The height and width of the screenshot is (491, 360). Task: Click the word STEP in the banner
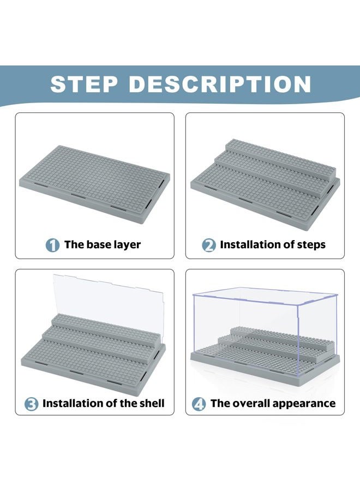click(84, 84)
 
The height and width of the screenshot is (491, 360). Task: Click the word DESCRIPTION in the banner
click(220, 84)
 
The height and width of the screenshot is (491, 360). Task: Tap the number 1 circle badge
click(52, 245)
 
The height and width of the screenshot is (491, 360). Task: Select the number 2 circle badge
click(208, 245)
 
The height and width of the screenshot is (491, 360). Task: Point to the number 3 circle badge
click(31, 404)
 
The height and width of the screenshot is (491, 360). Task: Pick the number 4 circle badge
click(199, 404)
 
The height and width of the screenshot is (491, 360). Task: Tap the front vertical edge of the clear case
click(298, 340)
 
